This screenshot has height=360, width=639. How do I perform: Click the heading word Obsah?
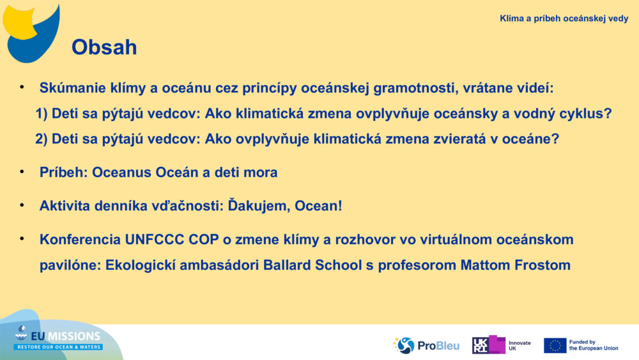[x=104, y=47]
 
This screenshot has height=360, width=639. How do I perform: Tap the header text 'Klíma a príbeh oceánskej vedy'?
[x=564, y=19]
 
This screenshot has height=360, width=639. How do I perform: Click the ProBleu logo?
[x=426, y=345]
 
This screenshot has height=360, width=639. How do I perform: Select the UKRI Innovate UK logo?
[x=502, y=345]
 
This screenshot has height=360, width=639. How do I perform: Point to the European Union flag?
[x=555, y=345]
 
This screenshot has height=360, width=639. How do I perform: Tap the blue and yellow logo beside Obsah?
[x=31, y=33]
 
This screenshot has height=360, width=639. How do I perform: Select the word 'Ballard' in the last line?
[x=288, y=265]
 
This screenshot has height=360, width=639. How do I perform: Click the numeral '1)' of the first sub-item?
[x=42, y=114]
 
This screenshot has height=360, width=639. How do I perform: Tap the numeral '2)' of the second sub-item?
[x=42, y=139]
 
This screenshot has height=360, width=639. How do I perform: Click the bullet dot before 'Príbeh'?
[x=22, y=171]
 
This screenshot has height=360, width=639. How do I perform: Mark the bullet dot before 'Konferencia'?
[x=22, y=239]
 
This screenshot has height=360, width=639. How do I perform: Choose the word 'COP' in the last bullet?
[x=203, y=239]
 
